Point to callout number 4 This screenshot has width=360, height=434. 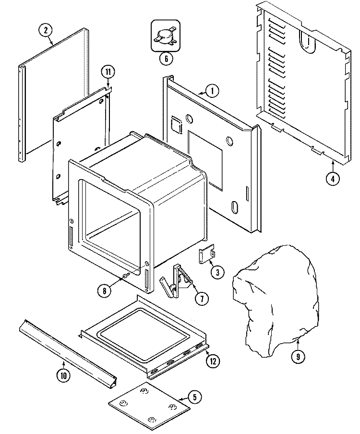coord(332,179)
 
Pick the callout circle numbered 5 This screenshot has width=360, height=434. coord(194,397)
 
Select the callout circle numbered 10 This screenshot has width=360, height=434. coord(63,376)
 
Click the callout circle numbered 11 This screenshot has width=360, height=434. coord(108,72)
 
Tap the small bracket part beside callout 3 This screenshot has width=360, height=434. coord(207,254)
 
